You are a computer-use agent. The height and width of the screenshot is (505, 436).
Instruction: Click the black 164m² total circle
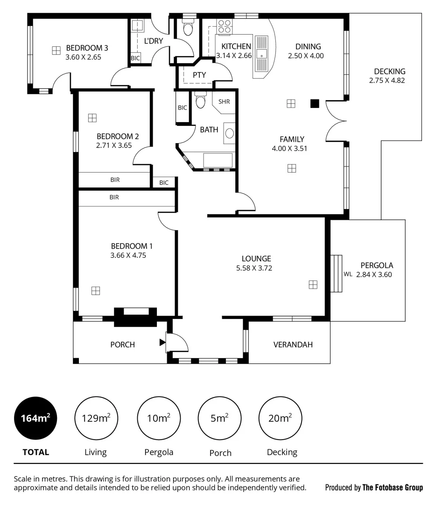point(36,418)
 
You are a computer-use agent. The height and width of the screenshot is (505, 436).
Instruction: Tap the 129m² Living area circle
point(96,418)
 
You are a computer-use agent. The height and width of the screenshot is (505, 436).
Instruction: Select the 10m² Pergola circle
point(159,418)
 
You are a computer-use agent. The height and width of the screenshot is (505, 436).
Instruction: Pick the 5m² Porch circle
point(220,418)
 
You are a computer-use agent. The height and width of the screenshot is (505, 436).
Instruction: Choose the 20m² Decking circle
point(281,418)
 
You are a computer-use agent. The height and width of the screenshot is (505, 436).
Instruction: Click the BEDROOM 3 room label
point(87,48)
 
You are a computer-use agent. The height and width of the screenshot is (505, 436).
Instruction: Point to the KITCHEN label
point(236,46)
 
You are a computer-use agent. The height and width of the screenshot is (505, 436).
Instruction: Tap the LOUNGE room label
point(256,259)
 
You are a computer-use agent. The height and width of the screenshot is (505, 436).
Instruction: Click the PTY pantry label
point(199,75)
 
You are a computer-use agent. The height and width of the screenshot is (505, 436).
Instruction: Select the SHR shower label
point(224,101)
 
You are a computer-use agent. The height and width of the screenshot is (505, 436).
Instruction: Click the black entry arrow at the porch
point(162,342)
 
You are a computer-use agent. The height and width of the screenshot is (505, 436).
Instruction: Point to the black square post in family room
point(315,103)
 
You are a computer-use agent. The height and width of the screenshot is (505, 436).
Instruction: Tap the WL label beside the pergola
point(348,274)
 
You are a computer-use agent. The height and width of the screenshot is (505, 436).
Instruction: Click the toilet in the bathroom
point(200,101)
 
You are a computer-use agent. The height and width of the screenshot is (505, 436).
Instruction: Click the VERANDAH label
point(293,345)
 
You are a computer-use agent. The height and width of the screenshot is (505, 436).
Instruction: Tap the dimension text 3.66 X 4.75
point(132,255)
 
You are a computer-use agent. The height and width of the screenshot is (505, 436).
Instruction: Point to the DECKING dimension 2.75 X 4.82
point(390,80)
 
